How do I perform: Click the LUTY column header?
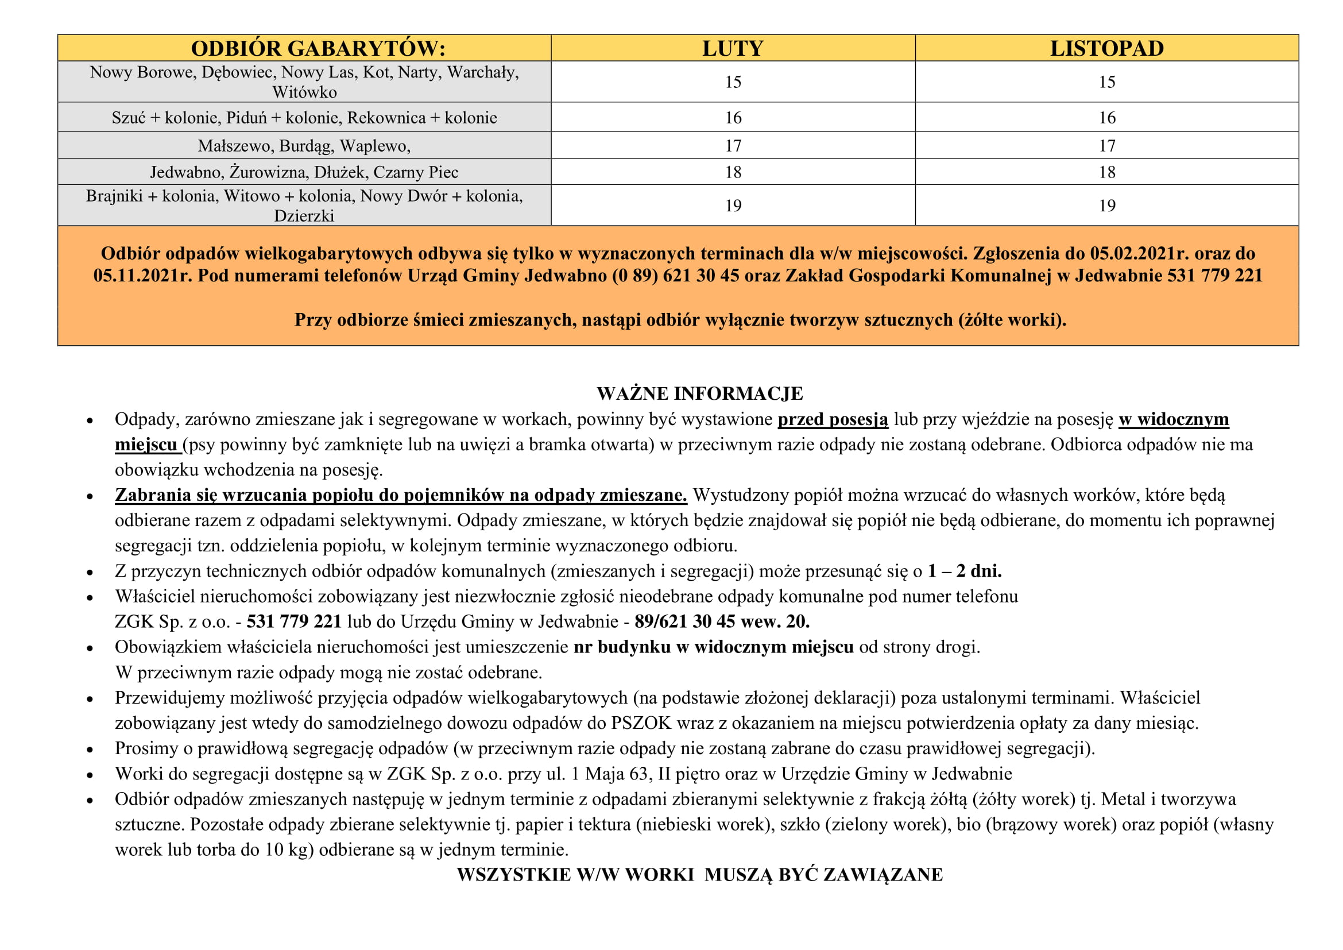[x=732, y=48]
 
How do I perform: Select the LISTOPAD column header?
[x=1106, y=48]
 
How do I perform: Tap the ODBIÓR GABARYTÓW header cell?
[x=318, y=48]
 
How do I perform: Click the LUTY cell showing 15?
[x=733, y=82]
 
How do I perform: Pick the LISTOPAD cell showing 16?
[x=1106, y=118]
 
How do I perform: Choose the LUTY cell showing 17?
[x=733, y=146]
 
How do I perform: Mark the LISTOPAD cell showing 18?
[x=1106, y=172]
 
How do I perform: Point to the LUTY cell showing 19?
[x=733, y=205]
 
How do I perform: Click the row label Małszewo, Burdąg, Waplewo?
[x=304, y=146]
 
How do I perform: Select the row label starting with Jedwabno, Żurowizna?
[x=304, y=172]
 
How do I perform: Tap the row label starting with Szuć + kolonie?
[x=304, y=118]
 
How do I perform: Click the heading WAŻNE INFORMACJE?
[x=699, y=393]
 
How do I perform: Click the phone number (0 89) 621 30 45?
[x=676, y=275]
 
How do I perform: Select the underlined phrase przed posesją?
[x=833, y=419]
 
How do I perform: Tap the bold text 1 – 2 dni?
[x=965, y=571]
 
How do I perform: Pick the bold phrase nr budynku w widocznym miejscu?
[x=713, y=647]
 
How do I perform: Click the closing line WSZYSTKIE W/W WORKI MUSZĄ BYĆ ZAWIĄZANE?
[x=699, y=875]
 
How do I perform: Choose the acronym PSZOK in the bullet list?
[x=641, y=723]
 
